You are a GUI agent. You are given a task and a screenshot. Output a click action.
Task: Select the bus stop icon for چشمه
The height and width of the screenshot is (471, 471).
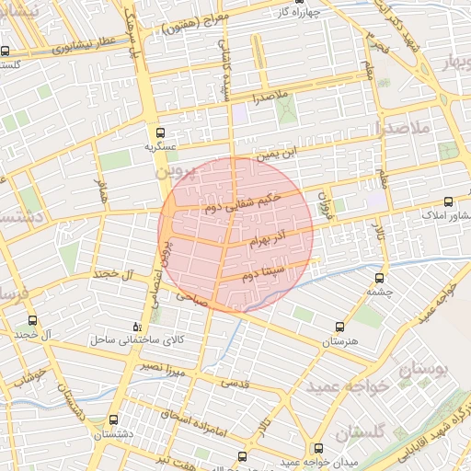coord(379,278)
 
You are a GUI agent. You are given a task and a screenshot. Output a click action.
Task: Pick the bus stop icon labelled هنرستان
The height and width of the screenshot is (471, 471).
coord(340,327)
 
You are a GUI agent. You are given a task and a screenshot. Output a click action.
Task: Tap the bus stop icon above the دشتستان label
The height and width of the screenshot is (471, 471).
coord(114,419)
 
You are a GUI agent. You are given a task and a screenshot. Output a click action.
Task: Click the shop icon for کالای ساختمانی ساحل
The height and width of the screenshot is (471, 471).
coord(138,327)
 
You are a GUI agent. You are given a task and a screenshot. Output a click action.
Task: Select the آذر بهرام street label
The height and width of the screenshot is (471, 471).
coord(268,242)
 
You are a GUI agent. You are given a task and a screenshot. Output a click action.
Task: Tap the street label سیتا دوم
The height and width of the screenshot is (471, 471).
coord(264,274)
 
